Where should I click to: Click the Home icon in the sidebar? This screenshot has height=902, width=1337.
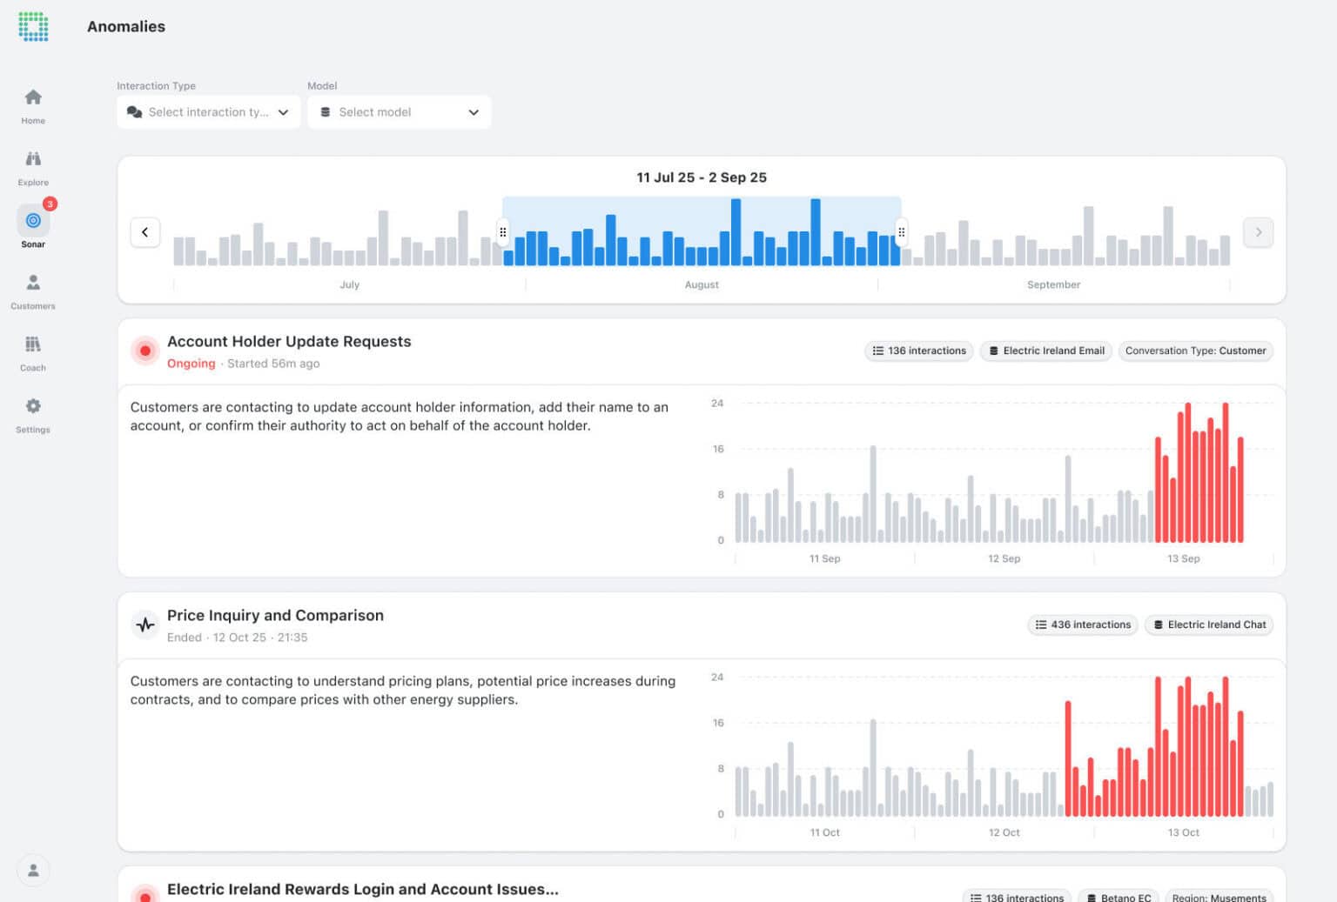[x=33, y=97]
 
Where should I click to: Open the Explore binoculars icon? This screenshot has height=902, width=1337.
[x=33, y=159]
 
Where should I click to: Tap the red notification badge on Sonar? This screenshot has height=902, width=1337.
[x=50, y=204]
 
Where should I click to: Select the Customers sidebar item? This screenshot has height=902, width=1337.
[x=33, y=291]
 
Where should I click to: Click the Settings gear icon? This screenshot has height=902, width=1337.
[x=33, y=406]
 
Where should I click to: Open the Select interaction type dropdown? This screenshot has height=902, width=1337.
[x=208, y=112]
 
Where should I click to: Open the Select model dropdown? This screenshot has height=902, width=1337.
[x=399, y=112]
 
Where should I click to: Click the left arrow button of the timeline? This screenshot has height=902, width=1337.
[x=145, y=232]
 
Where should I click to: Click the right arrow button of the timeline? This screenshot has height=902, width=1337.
[x=1258, y=232]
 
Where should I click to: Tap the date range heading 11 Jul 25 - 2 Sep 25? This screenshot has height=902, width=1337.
[x=702, y=177]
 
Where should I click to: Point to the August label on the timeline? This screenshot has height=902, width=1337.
[x=702, y=284]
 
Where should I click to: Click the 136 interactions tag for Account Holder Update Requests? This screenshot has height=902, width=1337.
[x=919, y=351]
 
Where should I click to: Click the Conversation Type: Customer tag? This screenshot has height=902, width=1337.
[x=1195, y=351]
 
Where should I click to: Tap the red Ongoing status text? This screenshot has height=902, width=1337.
[x=191, y=364]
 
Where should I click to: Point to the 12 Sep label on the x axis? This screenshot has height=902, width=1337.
[x=1004, y=558]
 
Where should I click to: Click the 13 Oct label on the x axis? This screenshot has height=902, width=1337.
[x=1183, y=832]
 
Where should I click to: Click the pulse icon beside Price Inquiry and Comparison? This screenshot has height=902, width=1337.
[x=145, y=625]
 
